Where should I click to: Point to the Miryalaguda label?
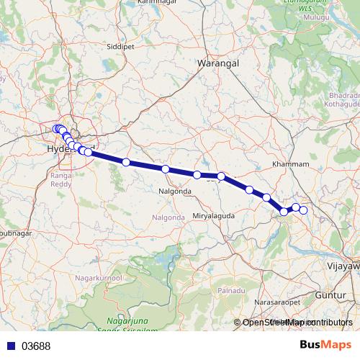[213, 216]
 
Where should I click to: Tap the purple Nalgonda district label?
[169, 217]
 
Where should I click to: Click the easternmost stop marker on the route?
[303, 210]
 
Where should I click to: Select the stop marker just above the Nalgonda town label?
[166, 169]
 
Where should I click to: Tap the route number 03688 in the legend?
[36, 346]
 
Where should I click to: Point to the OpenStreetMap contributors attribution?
[297, 323]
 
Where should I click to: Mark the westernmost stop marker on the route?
[57, 129]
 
